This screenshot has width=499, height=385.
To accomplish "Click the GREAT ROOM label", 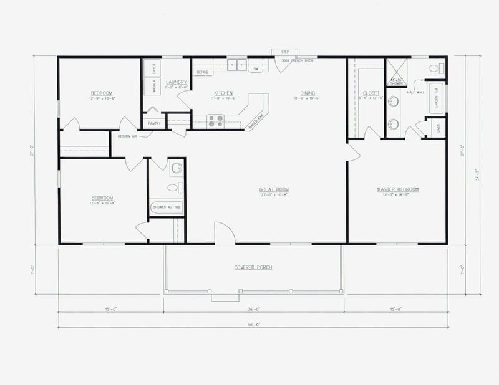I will click(x=274, y=189).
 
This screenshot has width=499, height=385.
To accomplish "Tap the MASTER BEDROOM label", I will click(x=397, y=189).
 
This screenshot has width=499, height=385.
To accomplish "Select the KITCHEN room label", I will click(x=222, y=93).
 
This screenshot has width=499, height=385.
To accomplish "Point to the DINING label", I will click(x=306, y=93).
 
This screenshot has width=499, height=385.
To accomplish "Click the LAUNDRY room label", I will click(x=177, y=82).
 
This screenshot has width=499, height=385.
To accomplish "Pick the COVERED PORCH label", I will click(x=253, y=267).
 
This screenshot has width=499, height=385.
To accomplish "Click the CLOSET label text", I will click(x=371, y=93).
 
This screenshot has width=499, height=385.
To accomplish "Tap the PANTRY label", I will click(x=154, y=123).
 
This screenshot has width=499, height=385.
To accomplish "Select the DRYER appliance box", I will click(x=153, y=68).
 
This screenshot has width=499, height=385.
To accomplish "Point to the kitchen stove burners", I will click(x=215, y=120).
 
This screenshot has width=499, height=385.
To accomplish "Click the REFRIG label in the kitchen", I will click(x=202, y=72).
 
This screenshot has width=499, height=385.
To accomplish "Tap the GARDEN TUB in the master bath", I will click(x=437, y=99).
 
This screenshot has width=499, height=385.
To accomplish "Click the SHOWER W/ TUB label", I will click(x=167, y=208).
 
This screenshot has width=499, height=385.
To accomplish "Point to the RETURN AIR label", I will click(x=127, y=135).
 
